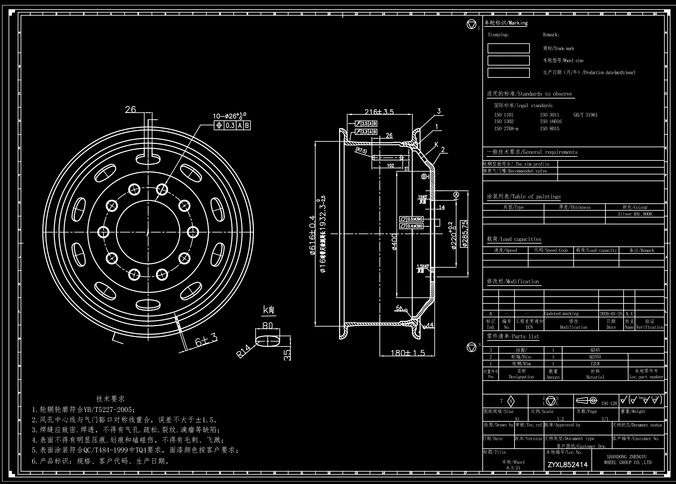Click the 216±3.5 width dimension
[x=379, y=112]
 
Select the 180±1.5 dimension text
[x=408, y=353]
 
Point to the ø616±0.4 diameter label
[x=312, y=235]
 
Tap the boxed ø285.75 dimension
[x=464, y=234]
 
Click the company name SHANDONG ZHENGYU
[x=626, y=457]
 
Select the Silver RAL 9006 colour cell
[x=635, y=214]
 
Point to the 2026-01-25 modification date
[x=611, y=314]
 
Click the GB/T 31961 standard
[x=585, y=115]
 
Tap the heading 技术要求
[x=110, y=399]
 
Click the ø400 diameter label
[x=394, y=242]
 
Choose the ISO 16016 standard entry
[x=551, y=122]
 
